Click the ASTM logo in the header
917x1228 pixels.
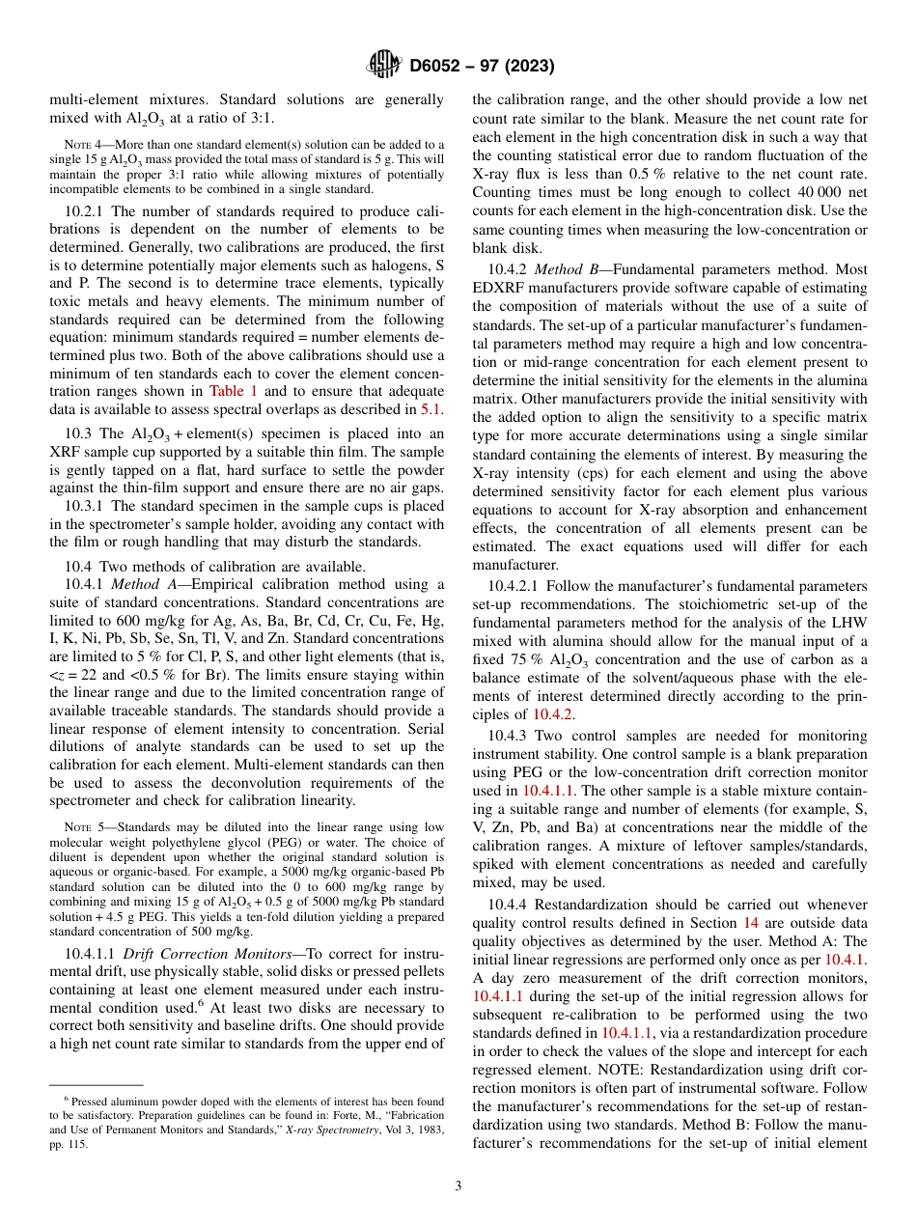[384, 66]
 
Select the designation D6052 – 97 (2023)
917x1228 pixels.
[482, 67]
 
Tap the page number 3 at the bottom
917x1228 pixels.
[458, 1186]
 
